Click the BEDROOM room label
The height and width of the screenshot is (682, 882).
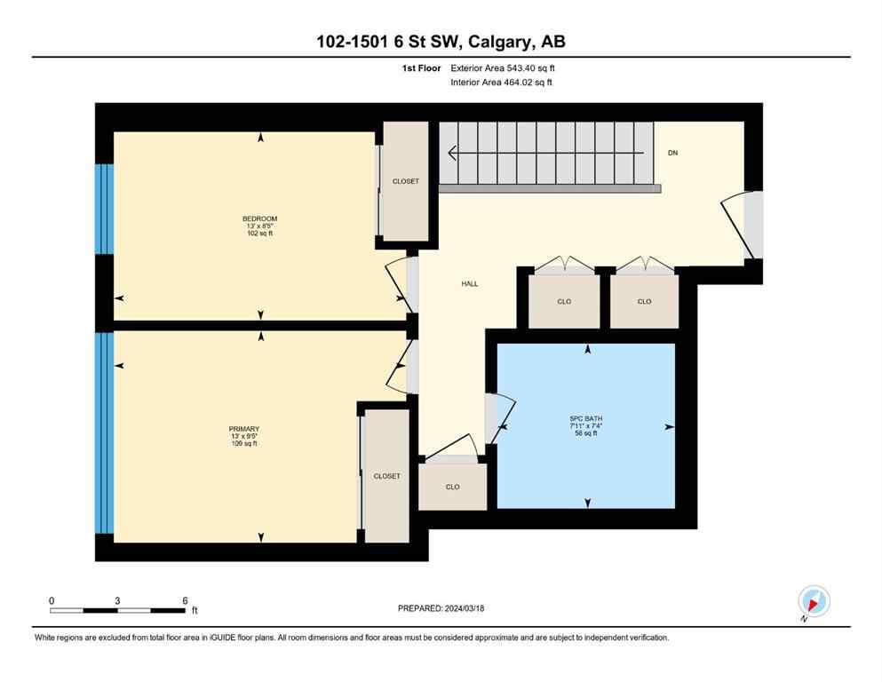[x=260, y=218]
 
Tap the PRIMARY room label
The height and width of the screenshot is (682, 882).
[x=244, y=428]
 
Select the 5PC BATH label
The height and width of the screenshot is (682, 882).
[x=586, y=417]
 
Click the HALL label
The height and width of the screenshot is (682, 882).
[x=469, y=283]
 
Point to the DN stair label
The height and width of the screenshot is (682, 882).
[x=672, y=153]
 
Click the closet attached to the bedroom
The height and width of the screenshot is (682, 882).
[x=405, y=181]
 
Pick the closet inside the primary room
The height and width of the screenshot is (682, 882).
[x=386, y=476]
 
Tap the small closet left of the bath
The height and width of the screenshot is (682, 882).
[x=453, y=487]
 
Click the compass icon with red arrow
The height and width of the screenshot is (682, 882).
[x=814, y=601]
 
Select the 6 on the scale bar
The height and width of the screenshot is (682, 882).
[x=185, y=600]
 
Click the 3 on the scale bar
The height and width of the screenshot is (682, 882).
[x=117, y=600]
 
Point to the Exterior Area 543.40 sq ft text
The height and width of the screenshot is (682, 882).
[x=503, y=67]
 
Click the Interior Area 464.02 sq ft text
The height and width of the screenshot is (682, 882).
[x=502, y=83]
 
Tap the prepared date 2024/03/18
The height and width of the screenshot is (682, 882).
[x=466, y=608]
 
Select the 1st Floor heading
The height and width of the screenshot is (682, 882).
[x=420, y=67]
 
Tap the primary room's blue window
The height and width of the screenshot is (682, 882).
[x=105, y=432]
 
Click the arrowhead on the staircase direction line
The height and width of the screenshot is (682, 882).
[x=453, y=153]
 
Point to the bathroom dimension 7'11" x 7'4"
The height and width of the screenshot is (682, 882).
[x=586, y=425]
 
